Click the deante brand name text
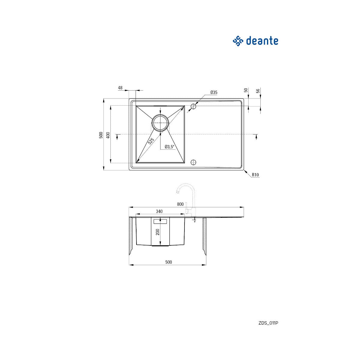262,41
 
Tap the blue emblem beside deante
238,41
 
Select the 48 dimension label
120,88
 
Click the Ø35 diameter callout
214,92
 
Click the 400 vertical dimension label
108,135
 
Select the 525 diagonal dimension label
151,140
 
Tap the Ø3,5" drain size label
169,147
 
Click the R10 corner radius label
255,175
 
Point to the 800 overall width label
180,204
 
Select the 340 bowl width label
159,211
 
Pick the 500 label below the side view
169,262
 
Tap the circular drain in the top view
160,122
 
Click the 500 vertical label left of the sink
101,135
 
